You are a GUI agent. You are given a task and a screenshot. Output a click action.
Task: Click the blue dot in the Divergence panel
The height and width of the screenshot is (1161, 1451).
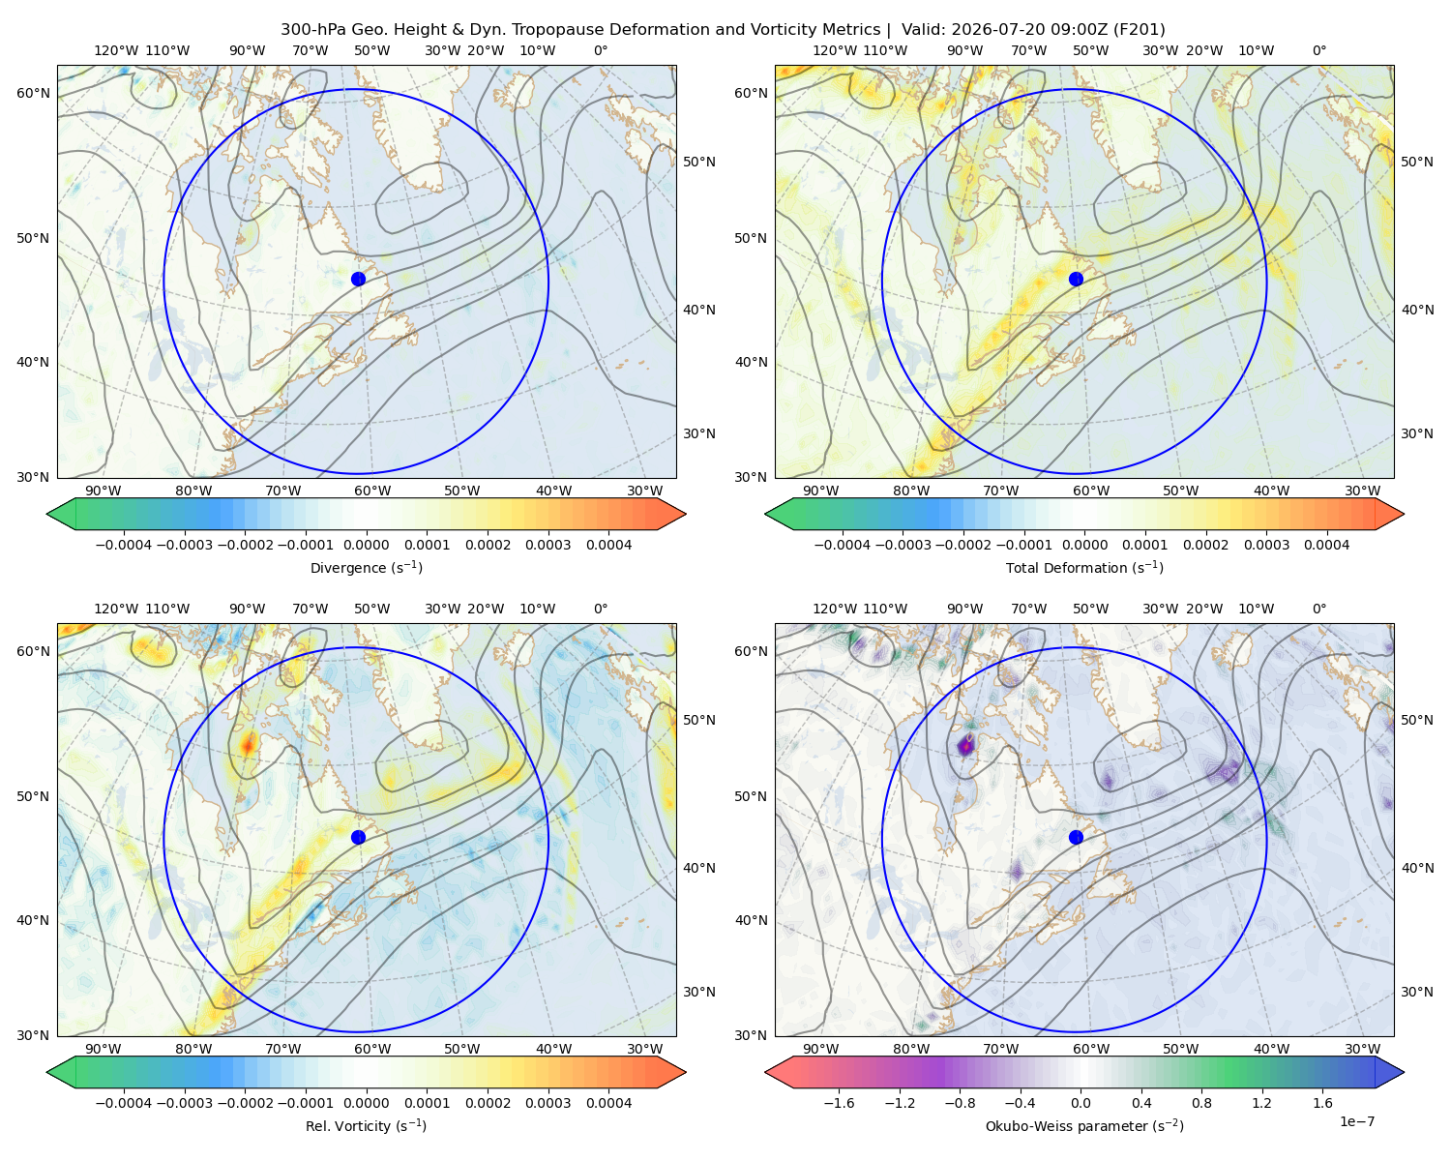358,279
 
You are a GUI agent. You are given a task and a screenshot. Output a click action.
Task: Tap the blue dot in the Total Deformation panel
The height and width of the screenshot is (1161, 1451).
1076,279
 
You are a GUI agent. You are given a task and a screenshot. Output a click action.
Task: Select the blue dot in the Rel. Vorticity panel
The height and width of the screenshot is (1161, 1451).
358,837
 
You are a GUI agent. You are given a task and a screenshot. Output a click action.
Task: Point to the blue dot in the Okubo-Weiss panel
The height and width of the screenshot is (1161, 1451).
1076,837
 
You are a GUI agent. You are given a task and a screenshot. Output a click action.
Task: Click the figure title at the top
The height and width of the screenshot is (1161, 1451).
723,29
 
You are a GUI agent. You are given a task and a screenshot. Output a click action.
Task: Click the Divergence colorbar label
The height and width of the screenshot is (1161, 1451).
366,567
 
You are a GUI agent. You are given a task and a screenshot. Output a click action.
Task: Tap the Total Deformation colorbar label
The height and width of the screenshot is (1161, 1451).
1084,567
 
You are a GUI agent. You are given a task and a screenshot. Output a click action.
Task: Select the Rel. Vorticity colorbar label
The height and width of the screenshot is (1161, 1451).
366,1125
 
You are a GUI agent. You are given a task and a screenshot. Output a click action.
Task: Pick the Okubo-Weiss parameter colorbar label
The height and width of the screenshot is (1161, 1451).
1084,1125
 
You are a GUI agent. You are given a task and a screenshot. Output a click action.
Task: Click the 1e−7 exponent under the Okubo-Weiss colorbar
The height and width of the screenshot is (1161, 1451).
1356,1121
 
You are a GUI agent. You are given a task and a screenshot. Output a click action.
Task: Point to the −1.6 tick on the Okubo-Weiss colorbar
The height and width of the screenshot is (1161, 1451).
839,1102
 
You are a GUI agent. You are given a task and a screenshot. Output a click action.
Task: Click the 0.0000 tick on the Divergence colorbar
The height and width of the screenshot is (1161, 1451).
366,545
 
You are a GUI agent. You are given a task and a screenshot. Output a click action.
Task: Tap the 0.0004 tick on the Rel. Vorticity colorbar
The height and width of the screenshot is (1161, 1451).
608,1102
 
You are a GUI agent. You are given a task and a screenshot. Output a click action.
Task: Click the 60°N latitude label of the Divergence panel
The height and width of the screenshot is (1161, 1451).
33,93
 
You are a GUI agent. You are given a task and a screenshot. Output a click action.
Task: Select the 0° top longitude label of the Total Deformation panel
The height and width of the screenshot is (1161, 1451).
1318,50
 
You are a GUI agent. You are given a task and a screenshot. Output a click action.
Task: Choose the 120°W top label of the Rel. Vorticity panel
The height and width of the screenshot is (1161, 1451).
116,608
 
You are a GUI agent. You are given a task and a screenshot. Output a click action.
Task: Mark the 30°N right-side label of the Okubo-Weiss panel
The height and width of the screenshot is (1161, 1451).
1416,991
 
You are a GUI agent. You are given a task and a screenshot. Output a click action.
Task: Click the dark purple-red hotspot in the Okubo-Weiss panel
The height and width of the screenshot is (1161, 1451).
966,747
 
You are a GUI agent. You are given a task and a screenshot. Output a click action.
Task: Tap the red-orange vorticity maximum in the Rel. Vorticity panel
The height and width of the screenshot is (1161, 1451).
249,745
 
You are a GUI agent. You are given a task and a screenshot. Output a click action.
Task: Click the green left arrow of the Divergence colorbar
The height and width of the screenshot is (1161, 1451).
61,514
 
